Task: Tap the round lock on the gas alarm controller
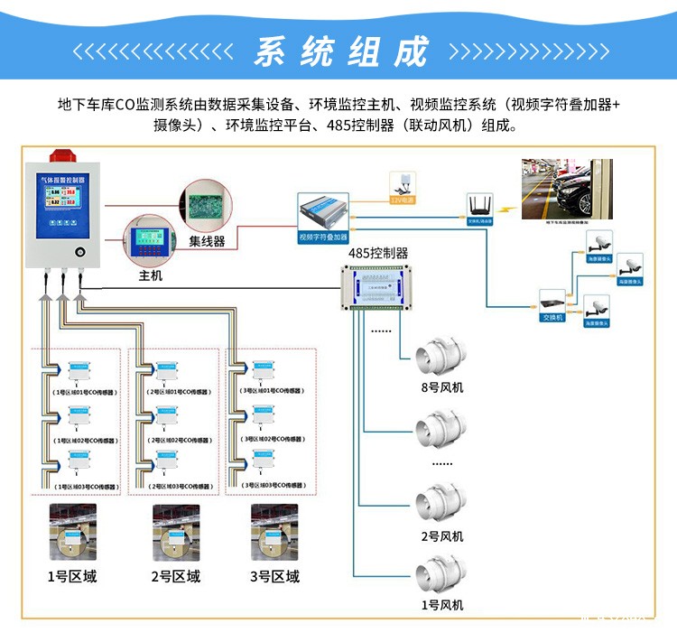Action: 79,250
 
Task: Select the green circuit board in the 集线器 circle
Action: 206,200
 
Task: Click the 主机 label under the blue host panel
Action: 150,275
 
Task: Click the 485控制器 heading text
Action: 378,254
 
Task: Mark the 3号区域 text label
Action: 274,577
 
